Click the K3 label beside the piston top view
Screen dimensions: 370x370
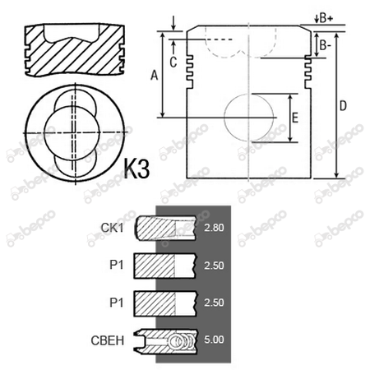pyautogui.click(x=136, y=168)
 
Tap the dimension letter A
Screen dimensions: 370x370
pyautogui.click(x=155, y=75)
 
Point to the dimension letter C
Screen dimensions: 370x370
pyautogui.click(x=173, y=62)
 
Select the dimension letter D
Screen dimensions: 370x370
pyautogui.click(x=343, y=106)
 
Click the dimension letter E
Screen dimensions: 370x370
pyautogui.click(x=295, y=118)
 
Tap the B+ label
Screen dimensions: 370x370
pyautogui.click(x=326, y=18)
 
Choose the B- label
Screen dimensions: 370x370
pyautogui.click(x=325, y=45)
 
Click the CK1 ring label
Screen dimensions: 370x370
pyautogui.click(x=113, y=228)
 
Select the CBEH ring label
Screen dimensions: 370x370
pyautogui.click(x=108, y=340)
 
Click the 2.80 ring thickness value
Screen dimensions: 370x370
pyautogui.click(x=214, y=228)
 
